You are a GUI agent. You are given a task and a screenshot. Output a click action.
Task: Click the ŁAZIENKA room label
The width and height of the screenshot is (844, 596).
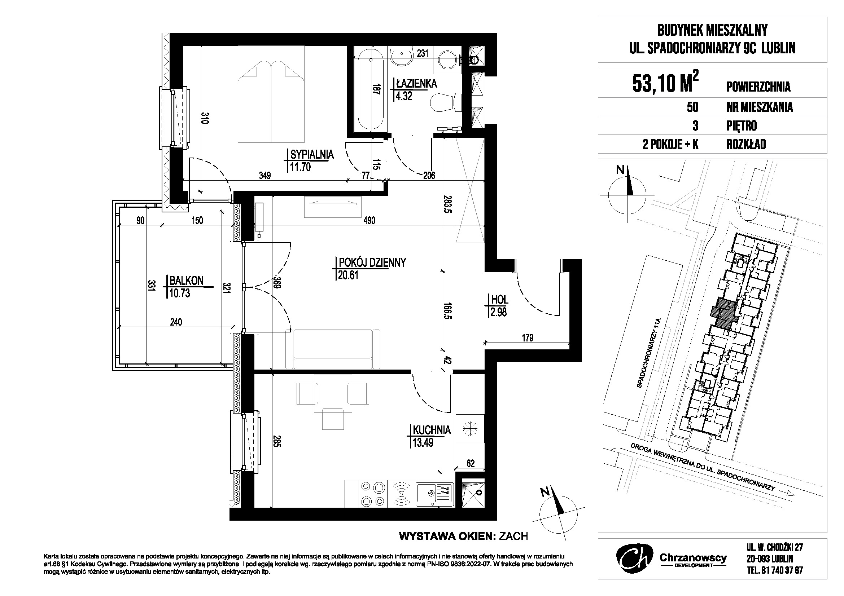(416, 84)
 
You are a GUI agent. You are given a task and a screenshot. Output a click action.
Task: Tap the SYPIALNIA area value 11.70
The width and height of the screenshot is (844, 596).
(300, 167)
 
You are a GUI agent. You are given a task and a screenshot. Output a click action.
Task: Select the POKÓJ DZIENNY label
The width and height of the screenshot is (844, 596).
(372, 262)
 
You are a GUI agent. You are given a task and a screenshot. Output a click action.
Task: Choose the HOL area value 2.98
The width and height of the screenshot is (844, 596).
(498, 312)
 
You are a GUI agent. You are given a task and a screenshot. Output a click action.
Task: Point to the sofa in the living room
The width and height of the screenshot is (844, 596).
(333, 349)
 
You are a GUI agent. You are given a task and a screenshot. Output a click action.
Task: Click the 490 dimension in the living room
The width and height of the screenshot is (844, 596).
(369, 220)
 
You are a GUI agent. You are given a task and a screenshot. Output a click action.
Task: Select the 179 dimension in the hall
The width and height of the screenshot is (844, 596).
(528, 337)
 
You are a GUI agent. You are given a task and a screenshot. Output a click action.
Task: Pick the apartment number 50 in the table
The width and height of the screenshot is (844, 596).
(692, 107)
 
